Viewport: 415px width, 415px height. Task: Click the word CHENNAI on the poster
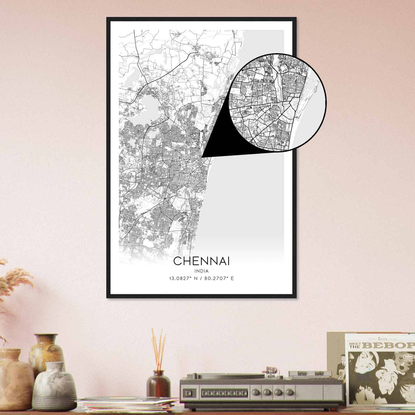[x=201, y=261]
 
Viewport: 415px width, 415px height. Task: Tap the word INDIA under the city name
[x=201, y=271]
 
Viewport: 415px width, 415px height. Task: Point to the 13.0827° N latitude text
[x=183, y=279]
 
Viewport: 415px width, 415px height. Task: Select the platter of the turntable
[x=233, y=375]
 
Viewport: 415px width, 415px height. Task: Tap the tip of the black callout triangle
[x=202, y=157]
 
